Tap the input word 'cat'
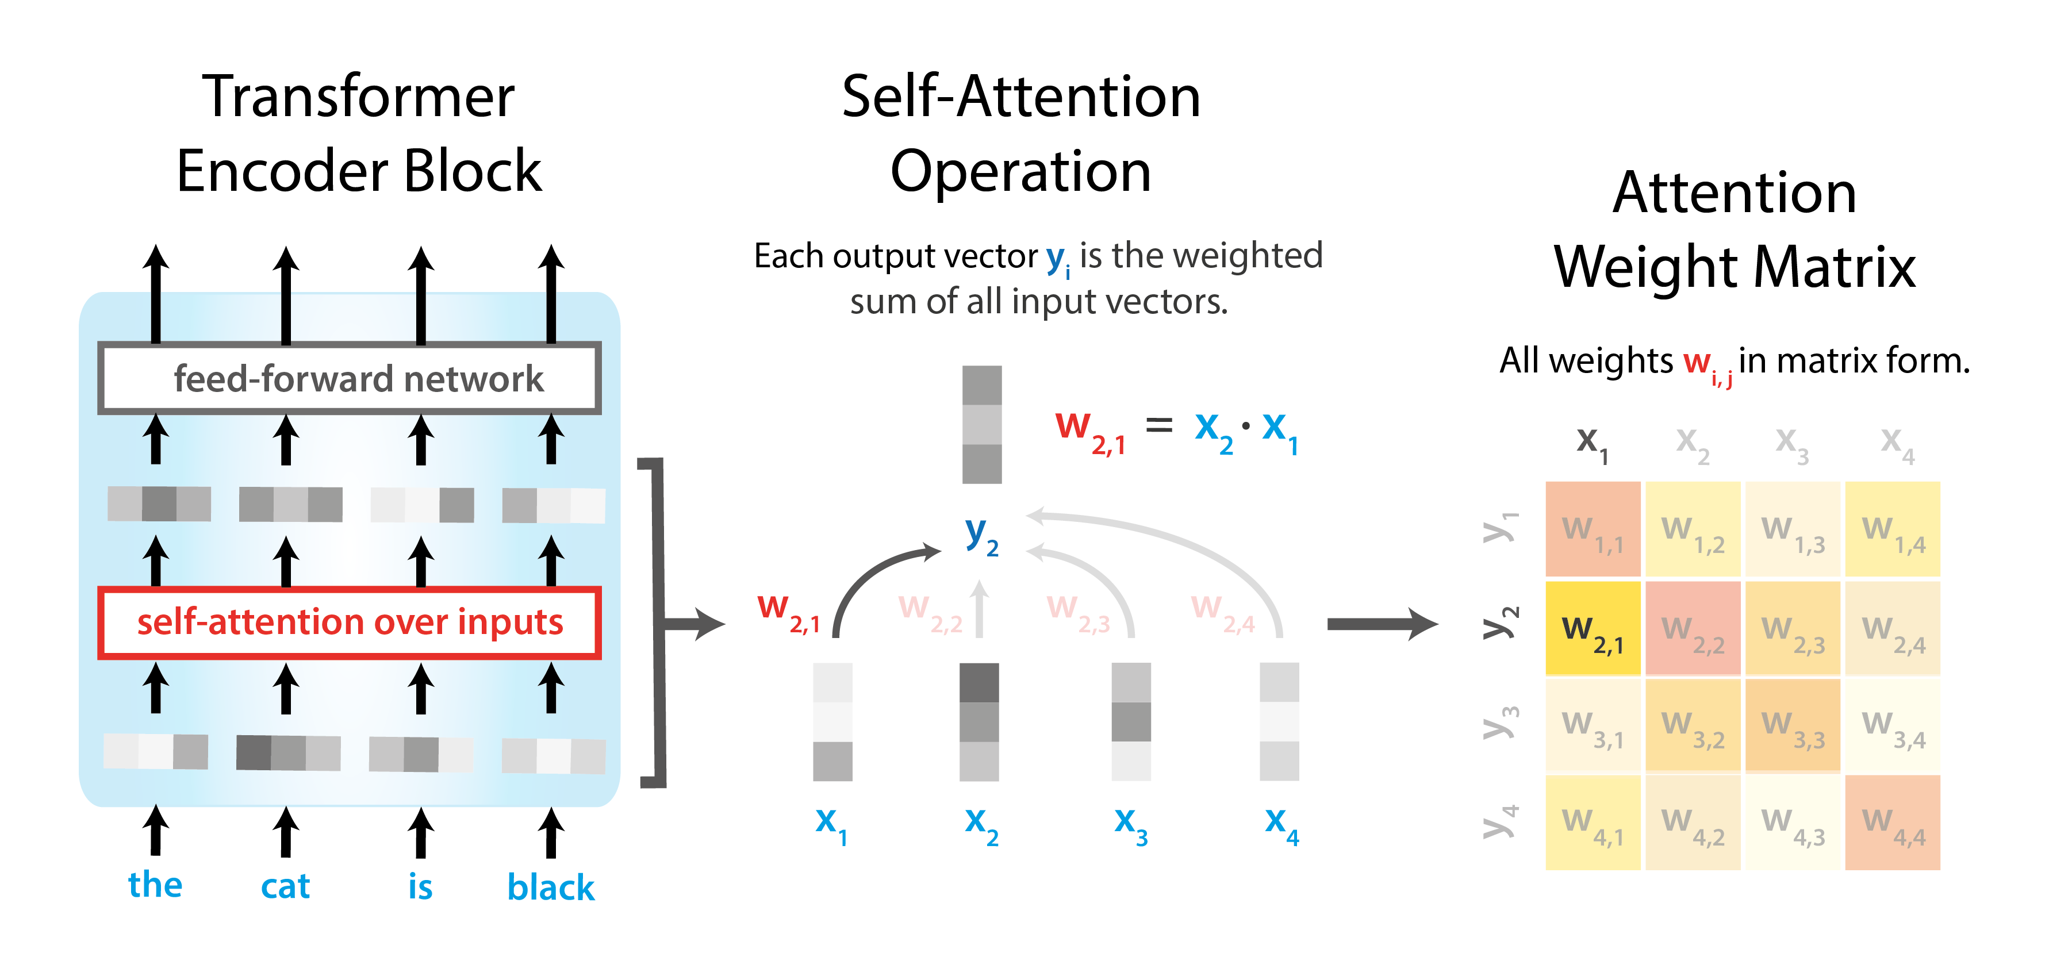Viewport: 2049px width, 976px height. [x=285, y=885]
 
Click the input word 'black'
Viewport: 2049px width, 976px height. [x=550, y=887]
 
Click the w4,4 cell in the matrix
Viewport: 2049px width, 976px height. [x=1892, y=823]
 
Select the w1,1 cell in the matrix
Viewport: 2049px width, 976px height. [x=1593, y=529]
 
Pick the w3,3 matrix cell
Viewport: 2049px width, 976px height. [x=1792, y=725]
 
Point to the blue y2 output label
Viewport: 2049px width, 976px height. [x=981, y=534]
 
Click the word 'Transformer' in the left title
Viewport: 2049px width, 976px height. [x=358, y=97]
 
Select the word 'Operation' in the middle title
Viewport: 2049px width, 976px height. [x=1020, y=172]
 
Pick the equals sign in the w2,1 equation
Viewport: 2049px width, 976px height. [x=1158, y=426]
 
